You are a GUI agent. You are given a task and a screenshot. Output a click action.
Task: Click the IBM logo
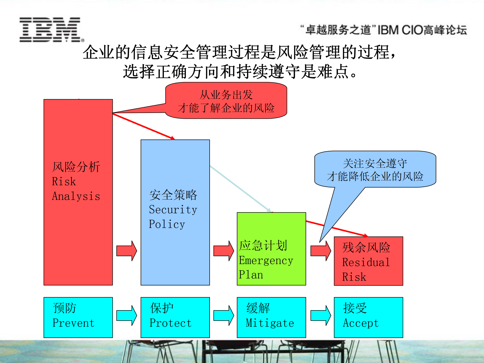[x=51, y=30]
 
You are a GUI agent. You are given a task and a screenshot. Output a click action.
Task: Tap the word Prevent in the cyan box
[x=73, y=323]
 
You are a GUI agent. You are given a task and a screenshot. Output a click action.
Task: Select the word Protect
[x=170, y=323]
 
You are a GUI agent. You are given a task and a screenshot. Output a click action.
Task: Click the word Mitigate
[x=270, y=323]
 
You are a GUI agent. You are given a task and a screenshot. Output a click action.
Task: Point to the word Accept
[x=361, y=323]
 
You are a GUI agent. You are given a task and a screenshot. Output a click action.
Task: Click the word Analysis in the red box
[x=76, y=196]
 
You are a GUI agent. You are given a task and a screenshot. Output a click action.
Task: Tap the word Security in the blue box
[x=173, y=210]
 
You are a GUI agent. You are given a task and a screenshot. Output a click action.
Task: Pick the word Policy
[x=167, y=224]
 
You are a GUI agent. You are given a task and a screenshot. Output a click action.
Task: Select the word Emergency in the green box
[x=266, y=260]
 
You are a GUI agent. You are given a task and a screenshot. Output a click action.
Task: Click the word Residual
[x=366, y=262]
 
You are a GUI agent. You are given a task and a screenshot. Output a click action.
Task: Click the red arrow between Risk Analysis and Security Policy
[x=126, y=251]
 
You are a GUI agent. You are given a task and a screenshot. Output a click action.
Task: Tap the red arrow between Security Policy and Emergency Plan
[x=224, y=251]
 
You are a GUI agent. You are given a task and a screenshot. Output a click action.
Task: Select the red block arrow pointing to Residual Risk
[x=321, y=251]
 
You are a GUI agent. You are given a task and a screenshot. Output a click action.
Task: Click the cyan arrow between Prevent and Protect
[x=126, y=316]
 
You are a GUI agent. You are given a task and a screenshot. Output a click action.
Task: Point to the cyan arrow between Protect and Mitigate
[x=224, y=316]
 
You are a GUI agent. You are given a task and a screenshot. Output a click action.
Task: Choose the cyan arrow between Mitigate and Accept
[x=321, y=316]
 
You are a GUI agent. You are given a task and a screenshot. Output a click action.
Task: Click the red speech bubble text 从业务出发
[x=226, y=95]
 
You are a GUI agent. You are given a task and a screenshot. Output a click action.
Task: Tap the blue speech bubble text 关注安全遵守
[x=375, y=164]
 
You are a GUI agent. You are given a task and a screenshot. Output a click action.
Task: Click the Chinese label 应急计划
[x=263, y=246]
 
